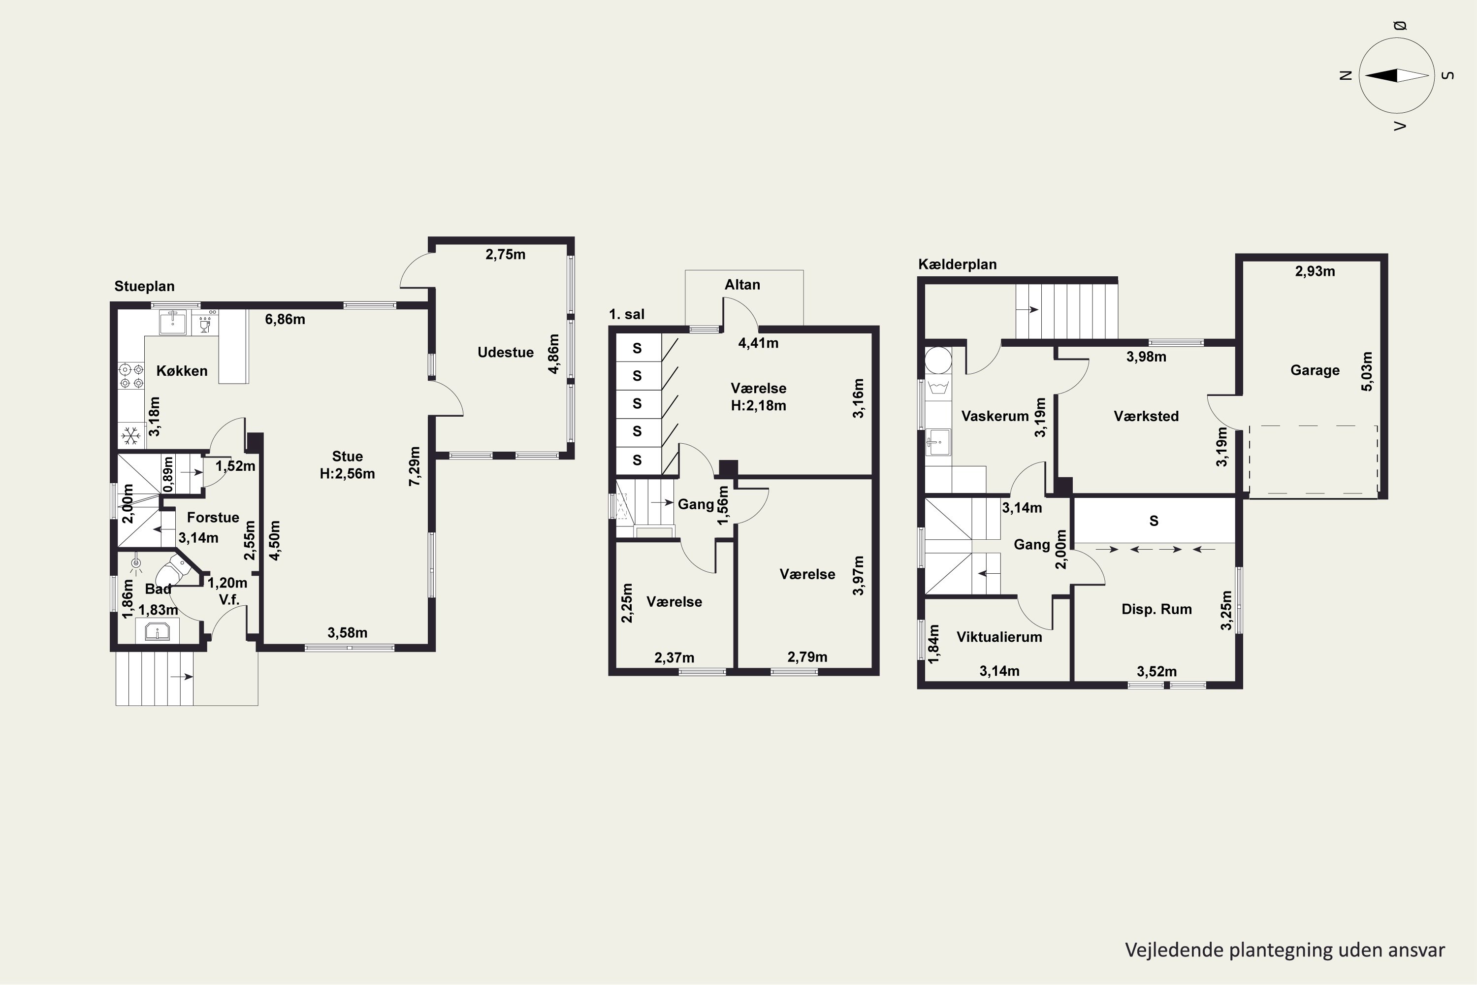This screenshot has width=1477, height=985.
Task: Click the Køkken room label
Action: tap(182, 371)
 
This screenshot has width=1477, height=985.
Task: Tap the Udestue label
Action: tap(506, 353)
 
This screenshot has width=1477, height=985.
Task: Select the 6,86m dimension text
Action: tap(285, 319)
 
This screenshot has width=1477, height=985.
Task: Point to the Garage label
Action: tap(1315, 370)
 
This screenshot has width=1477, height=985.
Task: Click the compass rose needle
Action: tap(1397, 75)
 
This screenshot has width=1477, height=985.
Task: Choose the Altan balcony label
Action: tap(742, 285)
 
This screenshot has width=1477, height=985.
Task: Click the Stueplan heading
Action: tap(144, 287)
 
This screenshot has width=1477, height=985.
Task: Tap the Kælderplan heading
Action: tap(958, 264)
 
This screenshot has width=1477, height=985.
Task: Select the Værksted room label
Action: tap(1146, 416)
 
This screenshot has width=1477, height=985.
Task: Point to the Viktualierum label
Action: tap(999, 637)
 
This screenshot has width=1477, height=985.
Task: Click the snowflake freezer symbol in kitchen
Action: tap(130, 435)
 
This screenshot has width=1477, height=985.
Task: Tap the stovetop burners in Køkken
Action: tap(130, 376)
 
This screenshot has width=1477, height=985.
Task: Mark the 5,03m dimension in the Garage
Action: tap(1367, 371)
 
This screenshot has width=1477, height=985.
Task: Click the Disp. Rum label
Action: tap(1156, 609)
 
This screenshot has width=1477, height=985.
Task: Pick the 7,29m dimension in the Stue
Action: tap(415, 466)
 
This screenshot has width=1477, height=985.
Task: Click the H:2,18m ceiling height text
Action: tap(759, 406)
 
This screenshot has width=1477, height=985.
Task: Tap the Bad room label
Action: tap(158, 589)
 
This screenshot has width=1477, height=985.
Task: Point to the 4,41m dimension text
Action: tap(758, 343)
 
